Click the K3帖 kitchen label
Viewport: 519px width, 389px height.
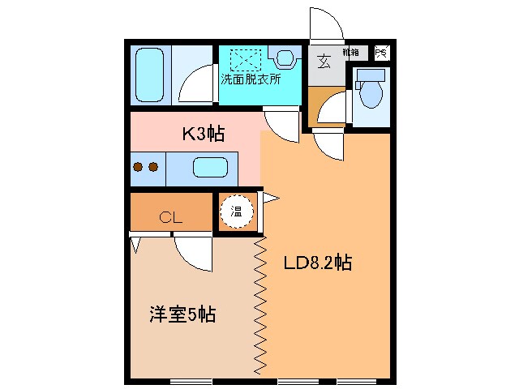tap(202, 134)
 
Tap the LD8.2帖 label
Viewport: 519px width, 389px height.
tap(316, 263)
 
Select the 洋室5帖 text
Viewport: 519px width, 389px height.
tap(182, 314)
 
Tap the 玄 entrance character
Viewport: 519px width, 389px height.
tap(323, 61)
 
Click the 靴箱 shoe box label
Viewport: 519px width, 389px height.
tap(352, 52)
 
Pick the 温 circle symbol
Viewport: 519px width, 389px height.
tap(237, 212)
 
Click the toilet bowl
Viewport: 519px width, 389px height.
tap(371, 92)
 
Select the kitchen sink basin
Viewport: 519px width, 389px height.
tap(209, 169)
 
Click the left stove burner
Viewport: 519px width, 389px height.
tap(138, 167)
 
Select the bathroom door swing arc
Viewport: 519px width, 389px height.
tap(195, 85)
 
